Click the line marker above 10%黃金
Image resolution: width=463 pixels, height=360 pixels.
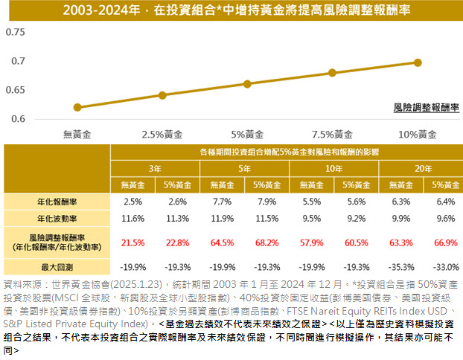[x=418, y=62]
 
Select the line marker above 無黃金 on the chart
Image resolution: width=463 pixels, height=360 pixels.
[x=77, y=107]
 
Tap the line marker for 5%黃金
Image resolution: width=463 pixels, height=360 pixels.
[x=247, y=83]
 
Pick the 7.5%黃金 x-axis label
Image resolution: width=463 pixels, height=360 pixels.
[x=332, y=135]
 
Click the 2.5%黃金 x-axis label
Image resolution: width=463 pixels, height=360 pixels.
[x=162, y=135]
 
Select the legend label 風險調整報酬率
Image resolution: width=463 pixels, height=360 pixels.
[x=426, y=108]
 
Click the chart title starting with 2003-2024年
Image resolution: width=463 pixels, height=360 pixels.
[x=231, y=11]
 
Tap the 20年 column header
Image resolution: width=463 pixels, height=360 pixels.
[x=424, y=169]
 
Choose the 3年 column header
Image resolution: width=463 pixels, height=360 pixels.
[x=156, y=169]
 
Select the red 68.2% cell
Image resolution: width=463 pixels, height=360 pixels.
[x=266, y=242]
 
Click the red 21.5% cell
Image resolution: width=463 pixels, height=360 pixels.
[x=132, y=242]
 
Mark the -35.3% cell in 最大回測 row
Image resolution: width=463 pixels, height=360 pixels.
[x=400, y=266]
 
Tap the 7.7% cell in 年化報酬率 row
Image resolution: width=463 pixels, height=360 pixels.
[x=222, y=202]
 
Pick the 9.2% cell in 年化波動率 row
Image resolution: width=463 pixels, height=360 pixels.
[x=355, y=219]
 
